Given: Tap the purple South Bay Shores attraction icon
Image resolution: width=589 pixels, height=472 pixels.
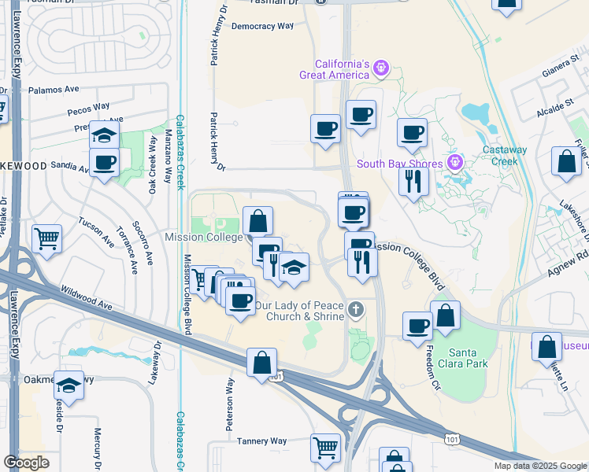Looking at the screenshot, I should (x=453, y=163).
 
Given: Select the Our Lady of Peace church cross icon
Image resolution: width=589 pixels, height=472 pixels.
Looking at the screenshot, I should (x=356, y=310).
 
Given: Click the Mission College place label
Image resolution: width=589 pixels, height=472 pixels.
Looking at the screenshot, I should (x=203, y=237).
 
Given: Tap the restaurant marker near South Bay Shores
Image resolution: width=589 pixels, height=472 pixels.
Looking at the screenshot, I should (x=413, y=181).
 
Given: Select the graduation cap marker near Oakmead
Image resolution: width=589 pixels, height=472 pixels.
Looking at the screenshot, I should (x=69, y=386).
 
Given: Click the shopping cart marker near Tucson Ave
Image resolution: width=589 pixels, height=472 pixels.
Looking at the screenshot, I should (x=47, y=237).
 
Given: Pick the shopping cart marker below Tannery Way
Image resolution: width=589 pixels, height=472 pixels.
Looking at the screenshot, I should (x=325, y=448).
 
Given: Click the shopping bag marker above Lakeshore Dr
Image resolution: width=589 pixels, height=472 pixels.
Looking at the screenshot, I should (x=567, y=162).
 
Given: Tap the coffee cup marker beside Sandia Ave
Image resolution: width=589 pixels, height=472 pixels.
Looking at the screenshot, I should (x=104, y=164).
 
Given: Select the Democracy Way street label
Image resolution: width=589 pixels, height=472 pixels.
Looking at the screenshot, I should (x=262, y=26).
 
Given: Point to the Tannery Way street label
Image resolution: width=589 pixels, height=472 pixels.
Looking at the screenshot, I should (x=262, y=441).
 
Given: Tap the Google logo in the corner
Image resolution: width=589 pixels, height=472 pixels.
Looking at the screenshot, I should (x=26, y=463).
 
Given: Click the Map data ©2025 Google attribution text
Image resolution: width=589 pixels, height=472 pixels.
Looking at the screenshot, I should (x=540, y=466).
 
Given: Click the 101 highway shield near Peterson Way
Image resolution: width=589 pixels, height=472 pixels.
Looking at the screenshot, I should (x=275, y=377).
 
